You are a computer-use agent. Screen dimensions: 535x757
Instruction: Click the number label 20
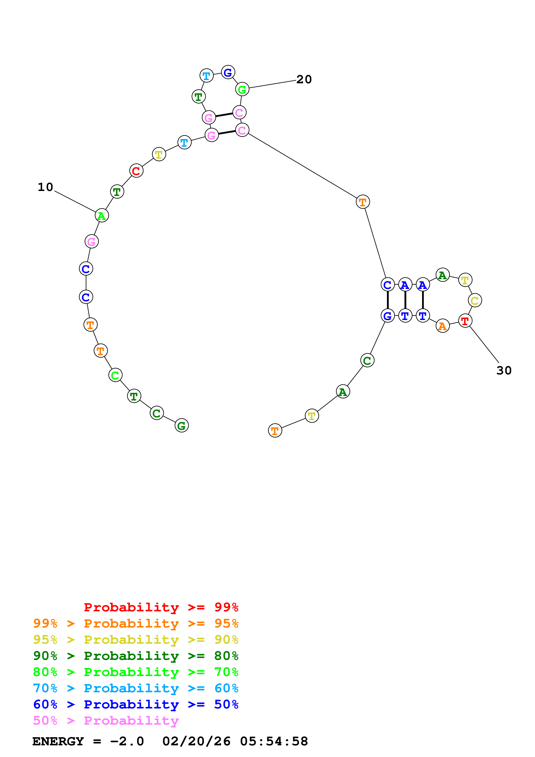coord(304,79)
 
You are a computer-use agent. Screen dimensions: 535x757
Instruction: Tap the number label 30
coord(504,371)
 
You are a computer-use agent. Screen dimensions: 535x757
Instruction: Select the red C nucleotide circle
coord(136,171)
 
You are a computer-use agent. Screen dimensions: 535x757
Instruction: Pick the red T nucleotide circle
coord(465,321)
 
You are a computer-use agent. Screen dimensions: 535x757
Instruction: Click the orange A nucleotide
coord(442,326)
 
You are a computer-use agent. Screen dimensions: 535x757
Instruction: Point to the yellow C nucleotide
coord(475,300)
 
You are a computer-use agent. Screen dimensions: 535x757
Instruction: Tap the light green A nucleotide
coord(101,216)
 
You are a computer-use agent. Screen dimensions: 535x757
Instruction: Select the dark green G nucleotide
coord(182,426)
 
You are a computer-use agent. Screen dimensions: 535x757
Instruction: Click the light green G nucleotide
coord(242,89)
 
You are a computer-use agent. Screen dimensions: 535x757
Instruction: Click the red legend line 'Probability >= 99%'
coord(161,607)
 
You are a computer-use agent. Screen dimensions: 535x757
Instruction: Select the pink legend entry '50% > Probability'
coord(106,721)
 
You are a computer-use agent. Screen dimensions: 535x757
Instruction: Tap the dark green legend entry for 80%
coord(136,656)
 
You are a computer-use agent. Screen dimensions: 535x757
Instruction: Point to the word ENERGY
coord(58,741)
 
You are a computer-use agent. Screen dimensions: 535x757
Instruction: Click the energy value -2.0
coord(127,741)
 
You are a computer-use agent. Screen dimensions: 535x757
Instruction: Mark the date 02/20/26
coord(196,741)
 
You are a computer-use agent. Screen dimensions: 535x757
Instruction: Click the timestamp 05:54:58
coord(274,741)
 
